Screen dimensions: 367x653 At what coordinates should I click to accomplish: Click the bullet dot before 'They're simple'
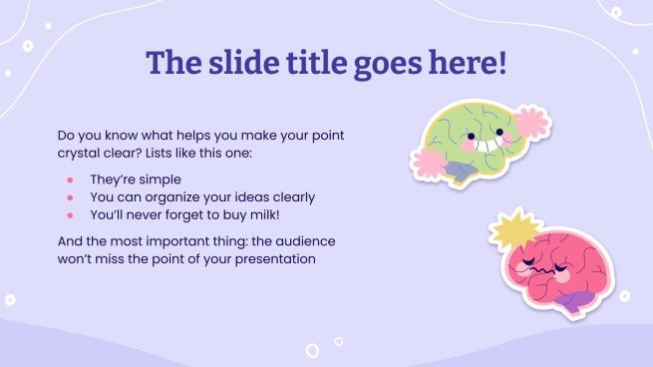tap(70, 180)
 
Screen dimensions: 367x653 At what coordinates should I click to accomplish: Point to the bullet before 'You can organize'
tap(70, 197)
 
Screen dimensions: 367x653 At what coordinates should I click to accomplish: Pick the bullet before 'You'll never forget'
tap(70, 214)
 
